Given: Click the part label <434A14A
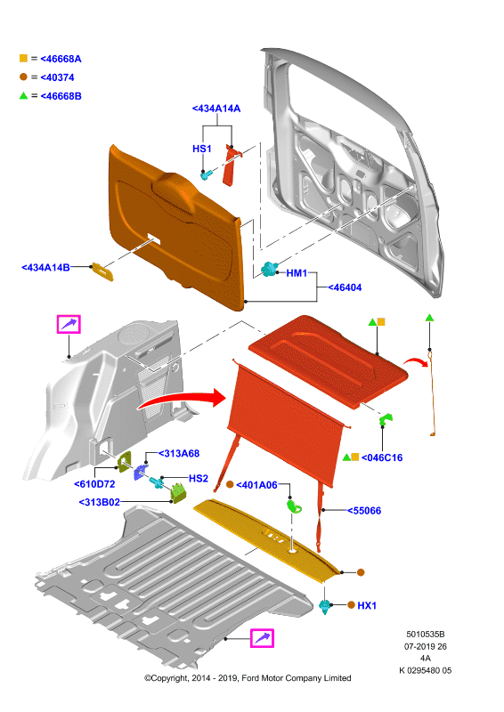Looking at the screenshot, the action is coord(216,109).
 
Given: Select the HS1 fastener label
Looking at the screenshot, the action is coord(202,149).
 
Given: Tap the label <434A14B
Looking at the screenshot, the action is coord(46,268).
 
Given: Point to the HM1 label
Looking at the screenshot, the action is coord(297,273).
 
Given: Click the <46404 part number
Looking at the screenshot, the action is coord(345,287).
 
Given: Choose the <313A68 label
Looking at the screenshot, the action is coord(179,453).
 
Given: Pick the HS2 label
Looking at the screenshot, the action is coord(199,478).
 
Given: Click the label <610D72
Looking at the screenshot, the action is coord(94,484).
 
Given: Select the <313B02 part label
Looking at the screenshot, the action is coord(100,502).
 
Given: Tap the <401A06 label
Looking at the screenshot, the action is coord(256,485).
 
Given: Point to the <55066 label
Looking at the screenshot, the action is coord(364,511).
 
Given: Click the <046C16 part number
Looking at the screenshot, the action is coord(382,457).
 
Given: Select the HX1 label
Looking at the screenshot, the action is coord(367,605).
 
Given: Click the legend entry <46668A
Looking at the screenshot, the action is coord(61,59).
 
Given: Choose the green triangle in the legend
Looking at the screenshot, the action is coord(24,95).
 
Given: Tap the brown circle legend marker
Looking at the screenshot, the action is coord(24,77).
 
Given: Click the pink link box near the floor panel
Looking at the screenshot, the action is coord(262,638).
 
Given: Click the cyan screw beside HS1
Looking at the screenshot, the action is coord(207,174).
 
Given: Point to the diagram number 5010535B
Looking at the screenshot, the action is coord(426,635).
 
